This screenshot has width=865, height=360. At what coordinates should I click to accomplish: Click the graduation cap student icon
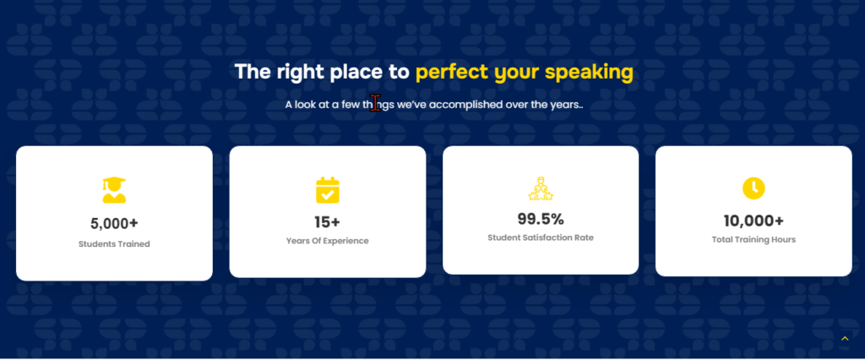point(114,189)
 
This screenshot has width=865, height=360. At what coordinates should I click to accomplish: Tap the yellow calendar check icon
point(328,190)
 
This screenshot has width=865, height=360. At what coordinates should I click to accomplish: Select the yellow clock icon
point(753,188)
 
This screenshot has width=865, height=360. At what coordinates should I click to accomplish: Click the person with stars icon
point(541,188)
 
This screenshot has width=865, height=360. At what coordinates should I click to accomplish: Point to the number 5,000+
point(114,224)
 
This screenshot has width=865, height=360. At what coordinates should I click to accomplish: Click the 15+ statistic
point(328,222)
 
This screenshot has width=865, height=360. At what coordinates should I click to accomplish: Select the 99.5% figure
point(541,219)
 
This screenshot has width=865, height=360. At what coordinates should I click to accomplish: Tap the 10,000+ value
point(753,221)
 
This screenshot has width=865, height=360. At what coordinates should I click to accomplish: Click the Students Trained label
point(114,244)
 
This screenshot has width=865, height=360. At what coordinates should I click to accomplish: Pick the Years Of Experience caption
point(328,242)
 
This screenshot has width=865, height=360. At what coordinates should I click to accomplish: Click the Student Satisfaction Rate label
point(541,238)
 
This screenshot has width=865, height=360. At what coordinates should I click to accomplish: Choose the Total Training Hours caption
point(753,240)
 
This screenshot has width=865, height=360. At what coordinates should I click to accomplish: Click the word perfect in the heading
point(452,73)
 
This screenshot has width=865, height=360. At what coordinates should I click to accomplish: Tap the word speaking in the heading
point(589,73)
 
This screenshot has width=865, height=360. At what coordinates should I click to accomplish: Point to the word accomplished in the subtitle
point(465,104)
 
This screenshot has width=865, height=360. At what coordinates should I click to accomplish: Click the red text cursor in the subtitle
point(376,103)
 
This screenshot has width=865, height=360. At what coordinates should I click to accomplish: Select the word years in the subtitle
point(565,105)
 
